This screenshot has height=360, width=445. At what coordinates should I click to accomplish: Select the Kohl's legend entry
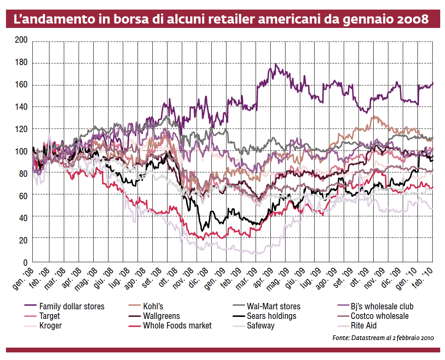tap(153, 307)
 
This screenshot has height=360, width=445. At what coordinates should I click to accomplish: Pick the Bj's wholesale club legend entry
tap(382, 307)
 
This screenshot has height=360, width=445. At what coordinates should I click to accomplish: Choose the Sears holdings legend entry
tap(272, 316)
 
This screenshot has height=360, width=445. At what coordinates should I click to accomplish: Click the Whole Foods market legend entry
tap(177, 326)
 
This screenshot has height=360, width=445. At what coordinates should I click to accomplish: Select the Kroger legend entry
tap(51, 326)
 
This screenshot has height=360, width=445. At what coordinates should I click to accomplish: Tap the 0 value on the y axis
tap(24, 262)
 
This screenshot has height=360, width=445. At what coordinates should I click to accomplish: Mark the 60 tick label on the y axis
tap(22, 196)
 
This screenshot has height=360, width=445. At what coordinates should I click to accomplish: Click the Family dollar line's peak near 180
tap(276, 64)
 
